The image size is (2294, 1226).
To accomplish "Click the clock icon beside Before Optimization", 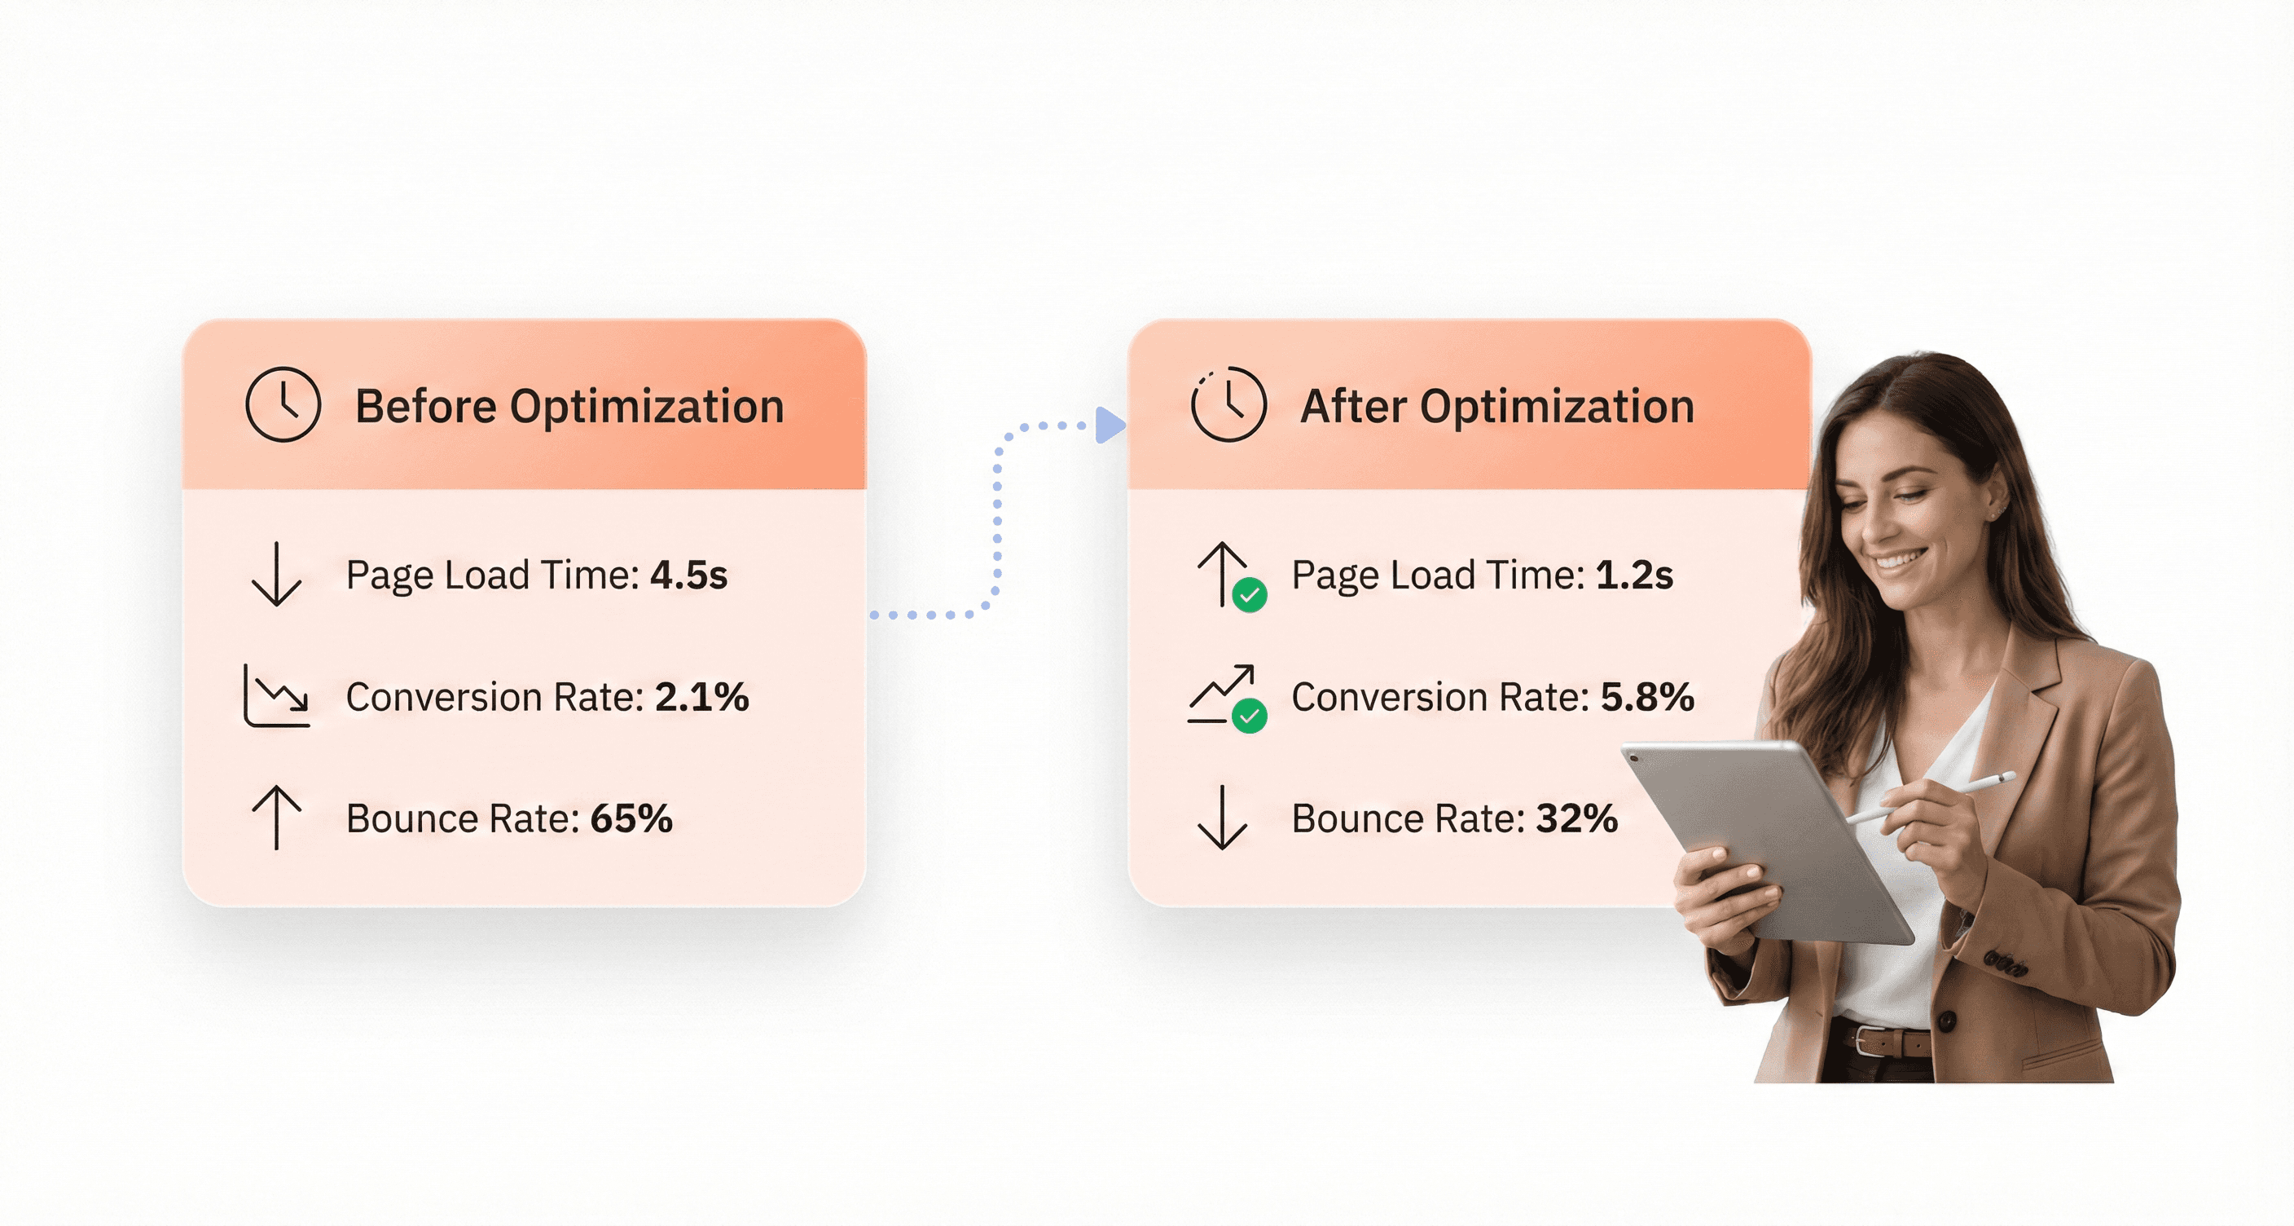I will tap(283, 404).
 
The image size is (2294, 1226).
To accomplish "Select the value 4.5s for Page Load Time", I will tap(688, 576).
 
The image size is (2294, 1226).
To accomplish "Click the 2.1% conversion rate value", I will tap(701, 697).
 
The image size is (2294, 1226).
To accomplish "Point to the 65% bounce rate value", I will tap(631, 818).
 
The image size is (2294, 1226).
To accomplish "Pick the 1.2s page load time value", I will tap(1634, 576).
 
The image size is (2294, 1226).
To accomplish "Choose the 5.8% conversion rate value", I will tap(1646, 697).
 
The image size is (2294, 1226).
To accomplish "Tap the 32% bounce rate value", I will tap(1576, 818).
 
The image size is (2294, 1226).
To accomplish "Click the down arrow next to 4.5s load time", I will tap(276, 575).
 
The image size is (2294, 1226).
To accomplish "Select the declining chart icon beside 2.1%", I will tap(277, 696).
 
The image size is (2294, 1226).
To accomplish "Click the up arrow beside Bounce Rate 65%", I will tap(276, 817).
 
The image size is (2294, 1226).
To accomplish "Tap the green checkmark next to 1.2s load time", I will tap(1250, 594).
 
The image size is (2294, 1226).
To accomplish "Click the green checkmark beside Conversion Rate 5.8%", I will tap(1250, 716).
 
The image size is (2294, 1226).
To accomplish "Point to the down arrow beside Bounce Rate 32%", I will tap(1222, 817).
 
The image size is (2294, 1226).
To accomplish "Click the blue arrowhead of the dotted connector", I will tap(1110, 425).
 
